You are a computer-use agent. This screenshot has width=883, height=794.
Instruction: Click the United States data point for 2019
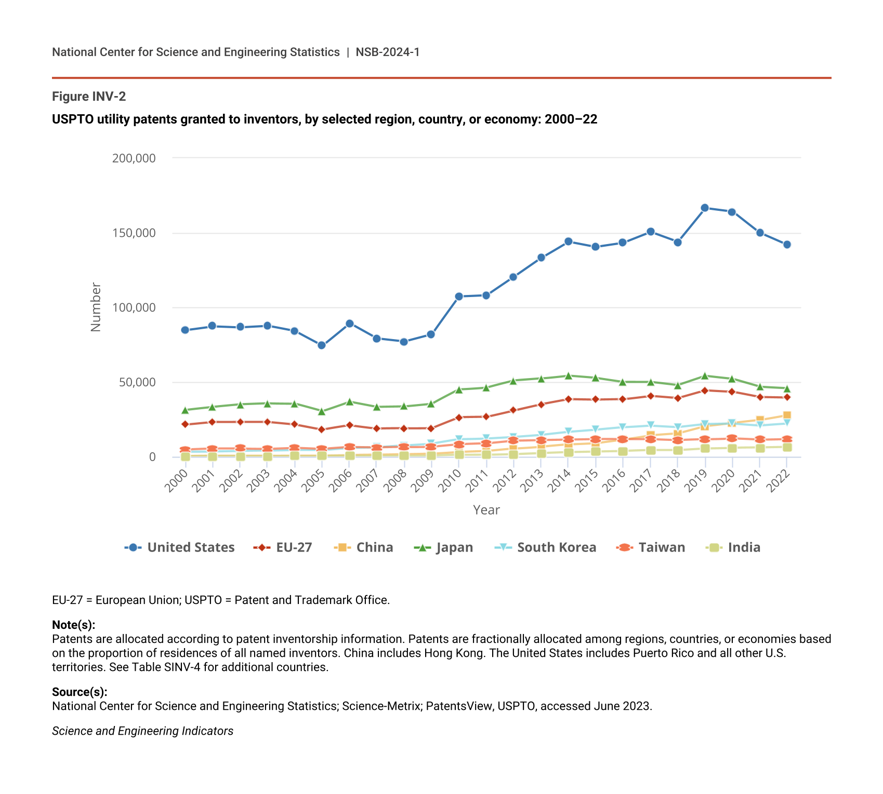705,208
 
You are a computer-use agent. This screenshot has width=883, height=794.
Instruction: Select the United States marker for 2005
322,345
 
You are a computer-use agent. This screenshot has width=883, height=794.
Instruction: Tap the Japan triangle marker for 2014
569,375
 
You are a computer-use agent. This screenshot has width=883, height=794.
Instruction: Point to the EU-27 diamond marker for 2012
513,410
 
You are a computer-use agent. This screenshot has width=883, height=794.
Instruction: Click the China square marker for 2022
787,415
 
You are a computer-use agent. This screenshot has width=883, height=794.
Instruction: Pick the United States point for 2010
459,297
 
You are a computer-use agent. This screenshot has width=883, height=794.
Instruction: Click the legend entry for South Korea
546,547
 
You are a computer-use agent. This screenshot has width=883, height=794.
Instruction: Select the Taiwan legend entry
651,547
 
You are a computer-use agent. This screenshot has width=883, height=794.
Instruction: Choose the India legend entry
733,547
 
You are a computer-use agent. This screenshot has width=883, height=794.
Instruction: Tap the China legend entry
364,547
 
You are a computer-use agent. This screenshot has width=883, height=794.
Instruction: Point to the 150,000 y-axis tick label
134,233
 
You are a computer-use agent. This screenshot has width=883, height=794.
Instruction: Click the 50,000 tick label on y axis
137,383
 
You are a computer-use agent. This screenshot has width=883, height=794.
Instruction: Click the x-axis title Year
486,510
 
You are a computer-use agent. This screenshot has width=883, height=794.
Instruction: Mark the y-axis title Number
96,307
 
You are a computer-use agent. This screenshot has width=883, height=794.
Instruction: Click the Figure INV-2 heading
89,97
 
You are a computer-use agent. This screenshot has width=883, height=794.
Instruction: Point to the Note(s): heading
74,625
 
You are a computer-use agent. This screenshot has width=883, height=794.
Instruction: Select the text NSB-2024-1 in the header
388,52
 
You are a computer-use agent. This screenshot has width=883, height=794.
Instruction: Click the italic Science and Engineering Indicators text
142,731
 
